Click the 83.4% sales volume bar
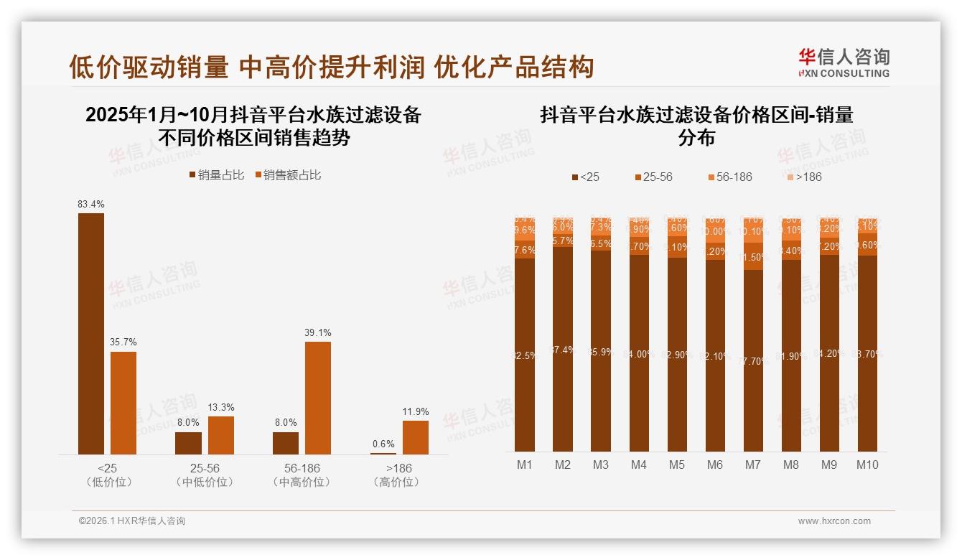pyautogui.click(x=91, y=333)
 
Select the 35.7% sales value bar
pyautogui.click(x=123, y=403)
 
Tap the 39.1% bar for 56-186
pyautogui.click(x=318, y=398)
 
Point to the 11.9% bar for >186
pyautogui.click(x=416, y=437)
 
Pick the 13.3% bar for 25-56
pyautogui.click(x=221, y=435)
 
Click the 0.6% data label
pyautogui.click(x=383, y=444)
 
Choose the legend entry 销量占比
pyautogui.click(x=216, y=175)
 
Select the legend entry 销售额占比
pyautogui.click(x=287, y=175)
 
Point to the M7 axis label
pyautogui.click(x=752, y=465)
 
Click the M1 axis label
pyautogui.click(x=525, y=465)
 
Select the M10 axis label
pyautogui.click(x=867, y=465)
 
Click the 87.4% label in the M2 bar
pyautogui.click(x=563, y=350)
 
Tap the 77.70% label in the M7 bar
pyautogui.click(x=753, y=361)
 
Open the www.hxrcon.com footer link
pyautogui.click(x=834, y=521)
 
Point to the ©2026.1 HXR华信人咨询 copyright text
pyautogui.click(x=132, y=521)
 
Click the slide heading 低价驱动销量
pyautogui.click(x=149, y=67)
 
